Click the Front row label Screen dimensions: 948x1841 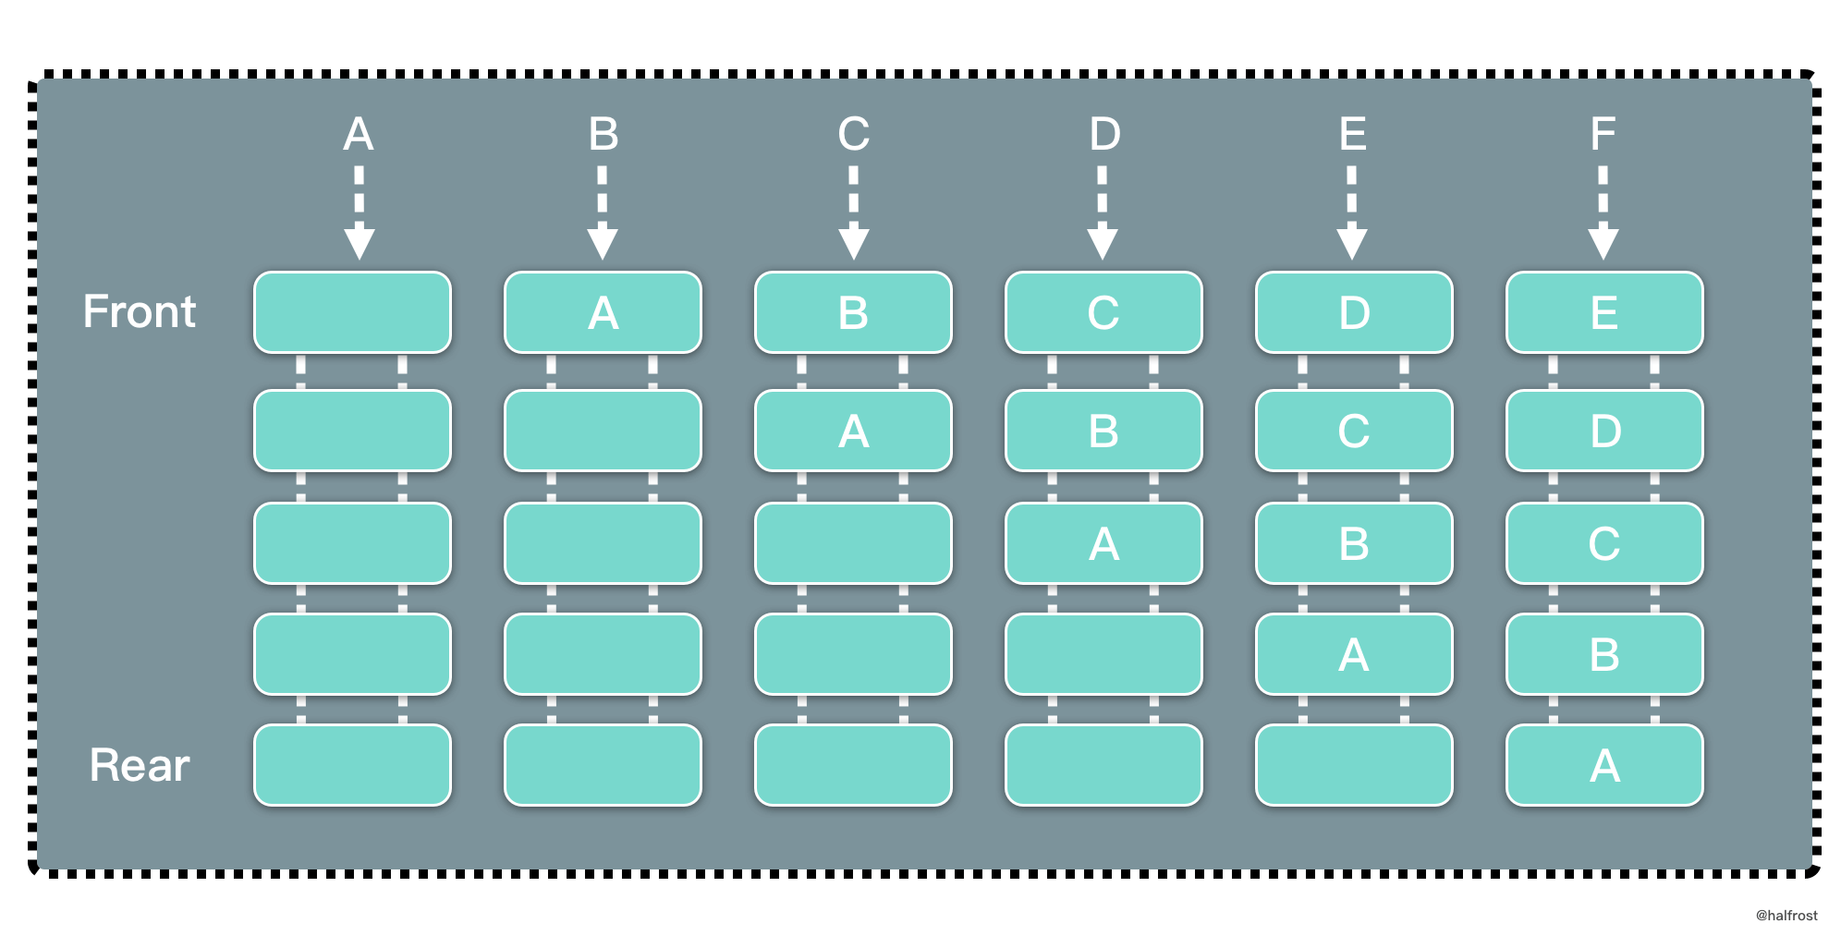tap(140, 311)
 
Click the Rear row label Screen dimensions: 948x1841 tap(140, 765)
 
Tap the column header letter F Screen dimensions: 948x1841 tap(1603, 134)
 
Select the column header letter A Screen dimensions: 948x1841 tap(359, 134)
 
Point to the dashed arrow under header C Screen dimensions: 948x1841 tap(853, 213)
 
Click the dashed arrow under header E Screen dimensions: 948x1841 tap(1352, 213)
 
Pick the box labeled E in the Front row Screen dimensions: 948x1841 tap(1604, 312)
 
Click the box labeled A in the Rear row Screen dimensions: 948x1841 tap(1604, 765)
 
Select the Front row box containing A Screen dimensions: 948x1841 tap(603, 312)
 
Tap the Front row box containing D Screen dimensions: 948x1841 tap(1354, 312)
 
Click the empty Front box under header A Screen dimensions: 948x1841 tap(352, 312)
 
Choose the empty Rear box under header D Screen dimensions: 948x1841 tap(1103, 765)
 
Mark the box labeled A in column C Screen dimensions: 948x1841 tap(853, 431)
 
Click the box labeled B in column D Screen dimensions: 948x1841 tap(1103, 431)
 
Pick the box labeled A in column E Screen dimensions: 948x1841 tap(1354, 654)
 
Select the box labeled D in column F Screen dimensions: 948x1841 tap(1604, 431)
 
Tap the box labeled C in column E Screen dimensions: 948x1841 tap(1354, 431)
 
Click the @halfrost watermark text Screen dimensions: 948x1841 tap(1786, 916)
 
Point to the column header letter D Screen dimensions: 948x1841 tap(1104, 134)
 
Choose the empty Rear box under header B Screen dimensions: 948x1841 tap(603, 765)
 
